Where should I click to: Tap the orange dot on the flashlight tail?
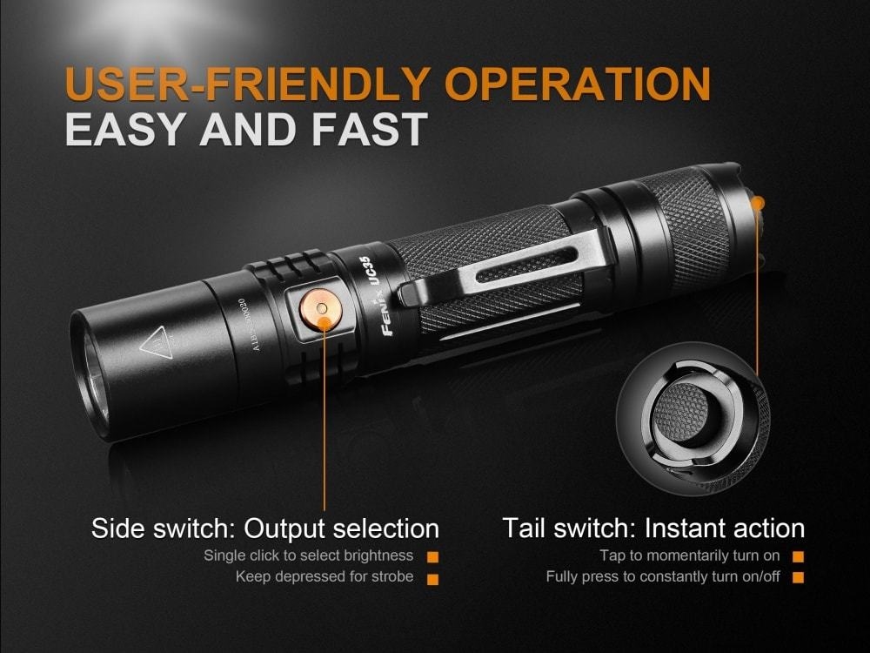click(x=757, y=202)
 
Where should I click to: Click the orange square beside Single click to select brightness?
click(x=432, y=555)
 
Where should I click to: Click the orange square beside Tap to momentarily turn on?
click(x=798, y=555)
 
